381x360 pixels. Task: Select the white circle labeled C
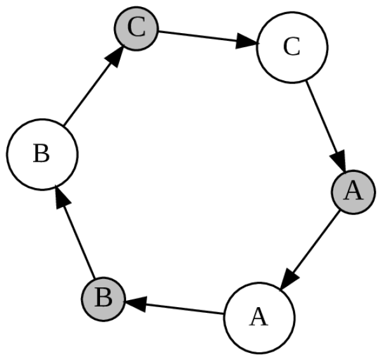292,48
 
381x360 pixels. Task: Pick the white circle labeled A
259,317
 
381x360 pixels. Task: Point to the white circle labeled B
41,154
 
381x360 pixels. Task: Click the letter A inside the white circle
259,317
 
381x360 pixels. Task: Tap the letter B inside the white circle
41,154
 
